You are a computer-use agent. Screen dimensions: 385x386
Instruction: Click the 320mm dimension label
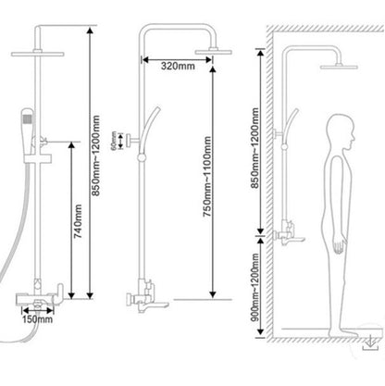click(178, 66)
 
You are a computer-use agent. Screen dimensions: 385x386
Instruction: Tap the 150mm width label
click(37, 319)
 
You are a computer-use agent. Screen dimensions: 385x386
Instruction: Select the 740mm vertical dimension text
click(78, 221)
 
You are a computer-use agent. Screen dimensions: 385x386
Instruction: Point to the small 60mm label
click(114, 141)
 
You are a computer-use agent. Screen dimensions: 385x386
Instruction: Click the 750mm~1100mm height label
click(207, 176)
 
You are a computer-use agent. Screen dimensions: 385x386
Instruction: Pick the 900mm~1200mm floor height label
click(255, 287)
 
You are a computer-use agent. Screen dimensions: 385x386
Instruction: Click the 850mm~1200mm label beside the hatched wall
click(255, 148)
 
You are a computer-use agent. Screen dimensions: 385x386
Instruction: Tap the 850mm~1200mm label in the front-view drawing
click(95, 156)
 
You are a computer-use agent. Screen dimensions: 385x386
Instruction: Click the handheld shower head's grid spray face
click(28, 118)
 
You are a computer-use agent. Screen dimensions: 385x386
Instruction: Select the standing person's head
click(340, 132)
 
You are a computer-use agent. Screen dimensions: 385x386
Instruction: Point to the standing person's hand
click(339, 245)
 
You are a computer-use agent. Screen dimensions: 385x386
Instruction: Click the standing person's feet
click(343, 333)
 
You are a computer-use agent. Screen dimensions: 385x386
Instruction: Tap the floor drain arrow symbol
click(370, 343)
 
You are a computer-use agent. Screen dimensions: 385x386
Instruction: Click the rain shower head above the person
click(339, 67)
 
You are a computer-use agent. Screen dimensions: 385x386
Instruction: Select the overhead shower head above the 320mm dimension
click(213, 52)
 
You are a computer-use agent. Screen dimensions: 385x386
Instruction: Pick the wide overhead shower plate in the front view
click(38, 55)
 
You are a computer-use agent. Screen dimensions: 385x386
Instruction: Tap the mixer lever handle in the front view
click(58, 293)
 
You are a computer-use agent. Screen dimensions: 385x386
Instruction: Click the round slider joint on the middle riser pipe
click(142, 157)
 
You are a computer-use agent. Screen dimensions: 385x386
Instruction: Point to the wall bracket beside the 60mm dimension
click(132, 141)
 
